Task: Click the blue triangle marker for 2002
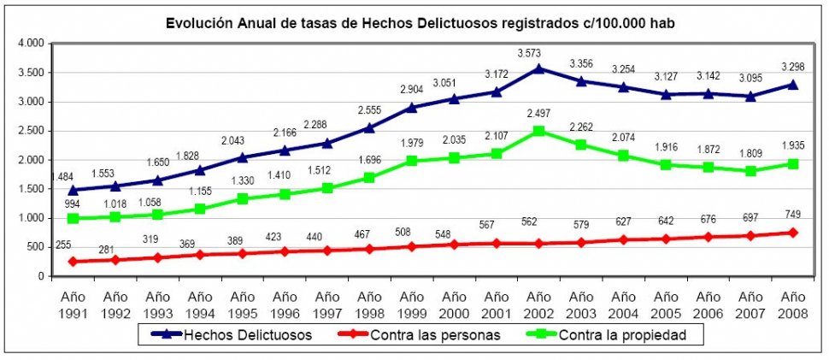point(538,68)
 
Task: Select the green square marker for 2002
point(538,131)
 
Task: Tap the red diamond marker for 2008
point(793,233)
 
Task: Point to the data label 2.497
point(538,113)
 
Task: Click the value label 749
point(792,214)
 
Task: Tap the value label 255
point(62,245)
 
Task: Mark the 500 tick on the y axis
point(37,247)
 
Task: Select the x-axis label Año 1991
point(73,304)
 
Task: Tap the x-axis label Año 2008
point(793,304)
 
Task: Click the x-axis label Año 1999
point(412,304)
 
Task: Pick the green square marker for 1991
point(73,218)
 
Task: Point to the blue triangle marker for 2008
point(793,84)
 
